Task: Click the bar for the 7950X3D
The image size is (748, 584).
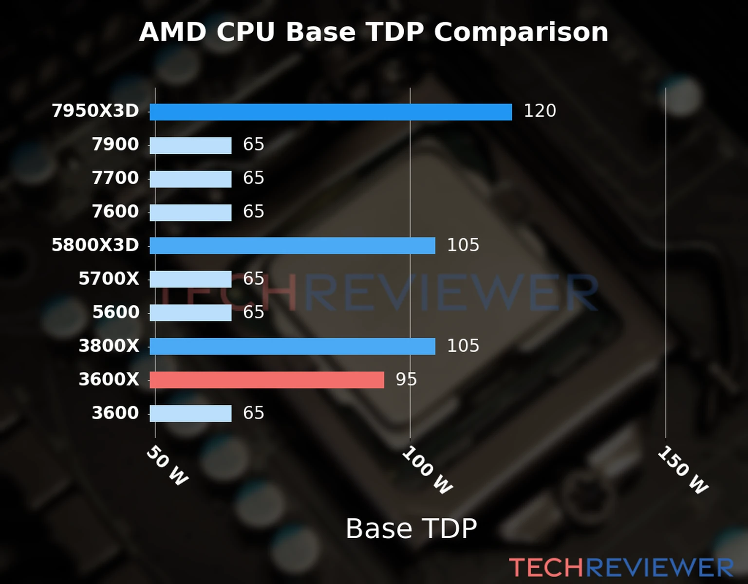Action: [x=331, y=112]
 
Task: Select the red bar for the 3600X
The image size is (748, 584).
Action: [x=266, y=380]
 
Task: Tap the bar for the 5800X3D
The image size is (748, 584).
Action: [x=292, y=246]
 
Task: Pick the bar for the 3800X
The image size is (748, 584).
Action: [x=292, y=347]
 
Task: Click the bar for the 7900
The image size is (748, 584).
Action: [x=190, y=146]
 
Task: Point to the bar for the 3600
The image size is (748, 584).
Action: [x=190, y=414]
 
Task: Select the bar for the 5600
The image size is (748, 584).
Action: [x=190, y=313]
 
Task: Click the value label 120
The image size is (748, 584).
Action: [x=540, y=111]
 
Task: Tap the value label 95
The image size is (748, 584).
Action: [x=406, y=380]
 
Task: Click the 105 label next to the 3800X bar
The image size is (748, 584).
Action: [x=463, y=346]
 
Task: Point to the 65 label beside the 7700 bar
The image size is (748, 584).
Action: [x=253, y=178]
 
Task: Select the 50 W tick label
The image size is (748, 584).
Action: [x=167, y=466]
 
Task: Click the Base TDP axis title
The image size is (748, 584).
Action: [x=411, y=529]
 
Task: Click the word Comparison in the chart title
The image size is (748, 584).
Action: [x=521, y=33]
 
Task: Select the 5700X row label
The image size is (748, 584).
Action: [x=109, y=279]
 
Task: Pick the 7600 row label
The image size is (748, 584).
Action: [x=115, y=212]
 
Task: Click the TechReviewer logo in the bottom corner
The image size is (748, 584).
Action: [x=621, y=567]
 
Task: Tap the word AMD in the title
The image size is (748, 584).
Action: [x=172, y=33]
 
